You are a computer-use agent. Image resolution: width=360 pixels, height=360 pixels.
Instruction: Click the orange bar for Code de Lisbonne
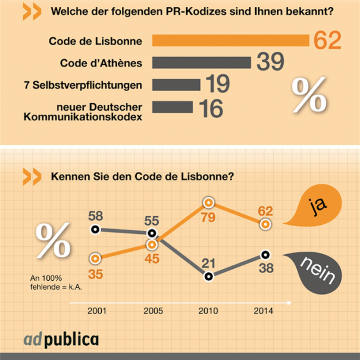(230, 40)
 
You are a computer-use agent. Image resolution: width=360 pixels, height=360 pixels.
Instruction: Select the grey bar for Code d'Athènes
(201, 62)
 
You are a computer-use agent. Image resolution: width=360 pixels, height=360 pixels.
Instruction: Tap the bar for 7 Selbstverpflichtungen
(177, 84)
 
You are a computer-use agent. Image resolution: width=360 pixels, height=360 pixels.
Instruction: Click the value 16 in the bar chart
(209, 107)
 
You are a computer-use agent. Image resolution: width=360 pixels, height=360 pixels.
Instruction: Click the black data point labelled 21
(208, 276)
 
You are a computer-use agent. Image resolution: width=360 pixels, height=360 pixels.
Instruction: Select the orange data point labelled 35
(95, 258)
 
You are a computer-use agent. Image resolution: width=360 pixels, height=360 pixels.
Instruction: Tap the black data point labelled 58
(95, 230)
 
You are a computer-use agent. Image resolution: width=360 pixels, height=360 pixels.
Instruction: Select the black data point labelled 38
(264, 255)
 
